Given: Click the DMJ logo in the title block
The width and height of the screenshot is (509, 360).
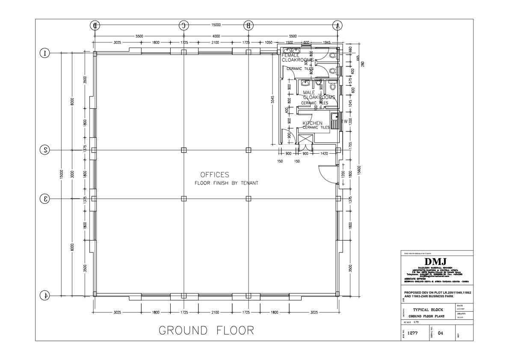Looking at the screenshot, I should (x=436, y=262).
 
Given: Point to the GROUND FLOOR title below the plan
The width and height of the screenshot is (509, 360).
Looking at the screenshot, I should (x=207, y=330).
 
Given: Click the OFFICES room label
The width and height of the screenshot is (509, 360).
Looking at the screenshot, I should (x=215, y=175).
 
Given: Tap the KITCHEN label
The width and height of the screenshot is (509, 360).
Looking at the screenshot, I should (x=312, y=123).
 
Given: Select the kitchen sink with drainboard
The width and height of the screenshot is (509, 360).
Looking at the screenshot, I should (x=334, y=121).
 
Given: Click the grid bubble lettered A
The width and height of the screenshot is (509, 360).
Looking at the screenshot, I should (x=337, y=25).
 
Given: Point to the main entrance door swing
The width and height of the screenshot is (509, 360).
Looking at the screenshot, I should (x=325, y=173).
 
